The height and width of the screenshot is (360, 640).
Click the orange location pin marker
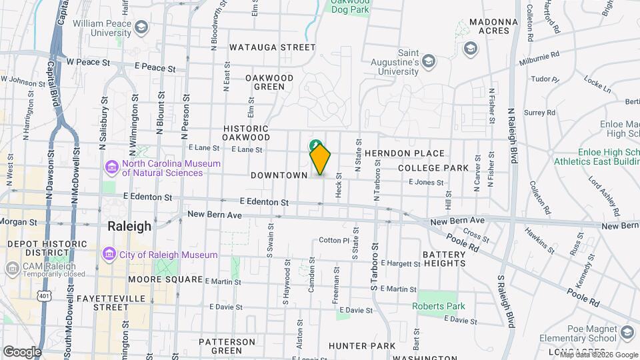(321, 159)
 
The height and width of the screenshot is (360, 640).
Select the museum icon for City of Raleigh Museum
(108, 255)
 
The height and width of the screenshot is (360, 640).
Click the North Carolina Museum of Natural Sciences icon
(111, 165)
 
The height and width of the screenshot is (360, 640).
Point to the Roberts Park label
(438, 306)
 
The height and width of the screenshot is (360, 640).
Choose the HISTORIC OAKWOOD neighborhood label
(246, 133)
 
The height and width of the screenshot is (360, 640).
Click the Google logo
(21, 351)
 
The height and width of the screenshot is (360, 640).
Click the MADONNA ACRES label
(493, 27)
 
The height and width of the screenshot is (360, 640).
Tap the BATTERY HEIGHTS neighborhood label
(443, 259)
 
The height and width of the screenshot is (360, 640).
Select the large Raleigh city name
(129, 226)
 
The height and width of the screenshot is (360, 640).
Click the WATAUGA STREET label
(272, 47)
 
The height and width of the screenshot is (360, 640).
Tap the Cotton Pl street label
(334, 240)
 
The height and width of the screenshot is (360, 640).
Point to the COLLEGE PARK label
(433, 168)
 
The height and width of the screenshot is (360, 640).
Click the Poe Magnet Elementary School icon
(627, 332)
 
